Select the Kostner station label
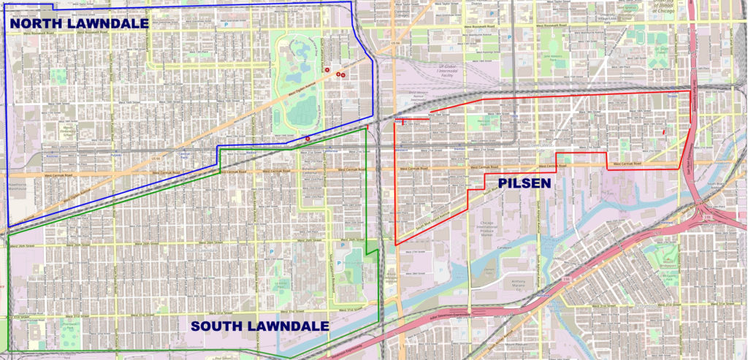50,155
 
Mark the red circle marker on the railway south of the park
308,138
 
